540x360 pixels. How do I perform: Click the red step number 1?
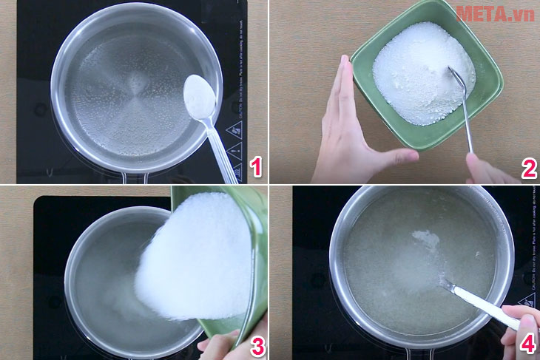(255, 167)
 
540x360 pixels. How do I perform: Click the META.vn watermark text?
(495, 13)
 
